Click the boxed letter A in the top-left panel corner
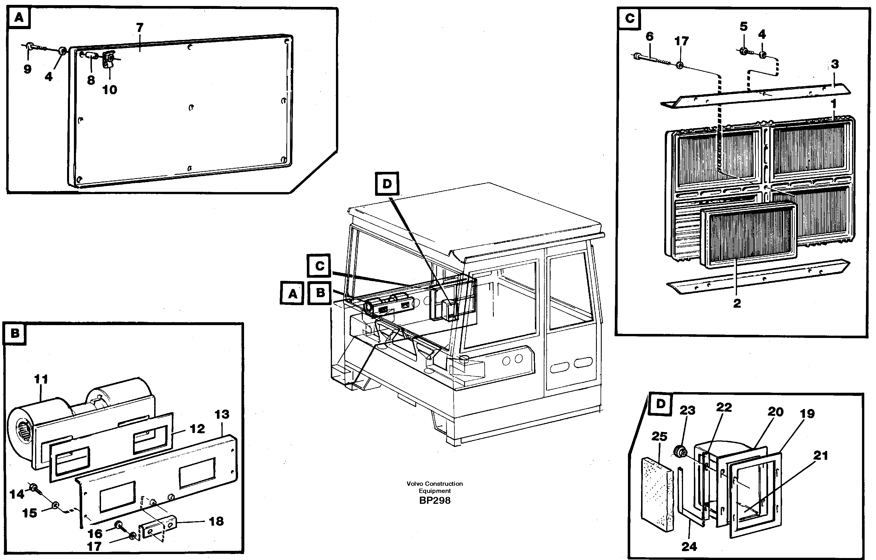point(19,17)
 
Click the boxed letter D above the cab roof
point(387,184)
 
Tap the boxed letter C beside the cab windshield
point(319,266)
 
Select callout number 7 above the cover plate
point(140,27)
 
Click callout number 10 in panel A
point(110,90)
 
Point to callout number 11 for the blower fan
point(41,379)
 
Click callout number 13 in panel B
point(222,414)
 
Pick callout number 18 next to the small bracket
point(216,521)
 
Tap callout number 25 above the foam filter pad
point(659,436)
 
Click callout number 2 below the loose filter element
point(737,303)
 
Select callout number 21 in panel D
point(820,455)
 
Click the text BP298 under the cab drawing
point(435,501)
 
